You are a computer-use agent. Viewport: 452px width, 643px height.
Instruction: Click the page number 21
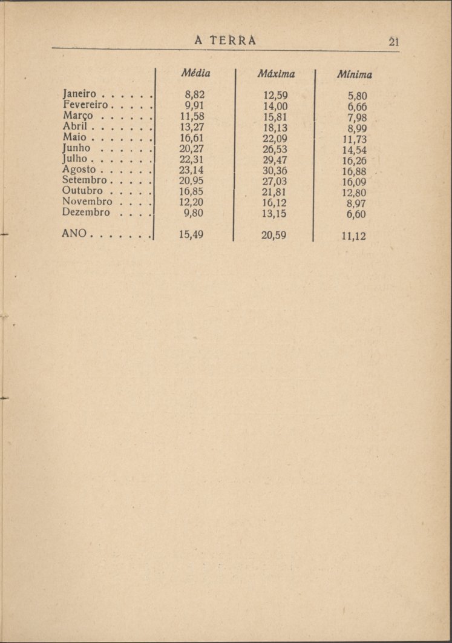[x=394, y=42]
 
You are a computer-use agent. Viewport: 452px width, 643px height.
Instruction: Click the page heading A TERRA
[x=226, y=41]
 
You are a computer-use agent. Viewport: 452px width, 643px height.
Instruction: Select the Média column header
[x=195, y=74]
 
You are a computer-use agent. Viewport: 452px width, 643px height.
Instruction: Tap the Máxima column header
[x=275, y=74]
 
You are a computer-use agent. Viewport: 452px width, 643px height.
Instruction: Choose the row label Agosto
[x=79, y=170]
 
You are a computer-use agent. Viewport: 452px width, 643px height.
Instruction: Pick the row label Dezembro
[x=86, y=213]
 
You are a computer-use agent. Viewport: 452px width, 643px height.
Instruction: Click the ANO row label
[x=74, y=234]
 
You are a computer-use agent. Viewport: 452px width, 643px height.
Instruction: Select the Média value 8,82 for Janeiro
[x=194, y=95]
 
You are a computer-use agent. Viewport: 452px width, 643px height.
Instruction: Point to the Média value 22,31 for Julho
[x=191, y=160]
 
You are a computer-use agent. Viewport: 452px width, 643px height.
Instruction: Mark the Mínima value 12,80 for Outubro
[x=353, y=193]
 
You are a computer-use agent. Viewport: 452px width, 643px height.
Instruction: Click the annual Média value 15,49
[x=191, y=235]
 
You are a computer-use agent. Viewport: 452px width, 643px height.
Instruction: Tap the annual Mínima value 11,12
[x=353, y=237]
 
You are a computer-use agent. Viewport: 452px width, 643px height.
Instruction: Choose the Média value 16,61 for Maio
[x=191, y=138]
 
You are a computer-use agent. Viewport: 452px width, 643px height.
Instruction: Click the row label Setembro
[x=84, y=181]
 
